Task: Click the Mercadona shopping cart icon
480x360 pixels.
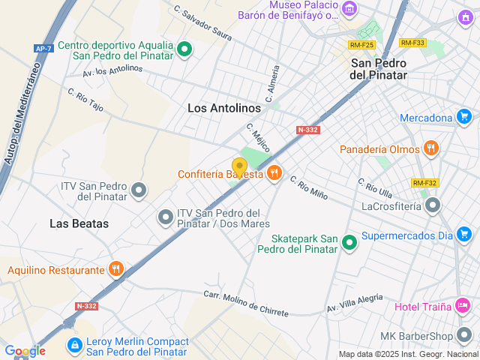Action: (x=465, y=117)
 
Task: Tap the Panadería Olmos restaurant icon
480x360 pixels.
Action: (x=430, y=148)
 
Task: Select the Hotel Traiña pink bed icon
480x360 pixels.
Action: (x=463, y=305)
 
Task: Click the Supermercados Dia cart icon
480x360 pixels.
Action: (x=464, y=236)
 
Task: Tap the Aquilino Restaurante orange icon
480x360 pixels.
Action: (x=115, y=269)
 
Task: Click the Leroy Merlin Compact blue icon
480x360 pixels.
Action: (x=74, y=345)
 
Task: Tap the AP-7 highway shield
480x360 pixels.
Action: (x=43, y=48)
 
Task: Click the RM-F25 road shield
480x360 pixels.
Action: (x=361, y=45)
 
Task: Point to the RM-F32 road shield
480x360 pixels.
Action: (x=424, y=183)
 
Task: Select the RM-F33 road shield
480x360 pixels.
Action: (x=412, y=43)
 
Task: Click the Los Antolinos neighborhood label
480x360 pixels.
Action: (x=224, y=108)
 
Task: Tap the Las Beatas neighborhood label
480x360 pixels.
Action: (x=79, y=223)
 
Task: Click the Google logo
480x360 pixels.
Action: (x=25, y=350)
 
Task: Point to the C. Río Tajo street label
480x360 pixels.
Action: (x=85, y=104)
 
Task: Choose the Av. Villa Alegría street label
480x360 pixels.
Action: (x=355, y=302)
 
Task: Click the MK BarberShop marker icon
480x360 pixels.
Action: (x=466, y=334)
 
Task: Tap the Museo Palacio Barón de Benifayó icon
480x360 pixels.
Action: (x=349, y=9)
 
